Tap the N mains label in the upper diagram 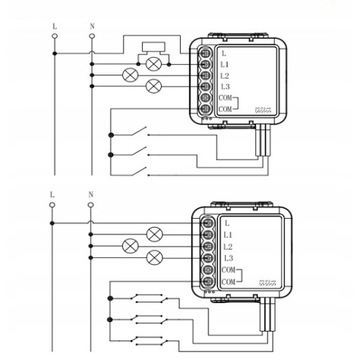(92, 20)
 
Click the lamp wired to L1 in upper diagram (154, 63)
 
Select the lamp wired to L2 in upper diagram (128, 75)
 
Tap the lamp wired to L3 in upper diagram (154, 88)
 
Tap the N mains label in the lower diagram (92, 197)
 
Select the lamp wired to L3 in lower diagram (154, 258)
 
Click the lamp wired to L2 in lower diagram (128, 246)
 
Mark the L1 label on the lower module (227, 233)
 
